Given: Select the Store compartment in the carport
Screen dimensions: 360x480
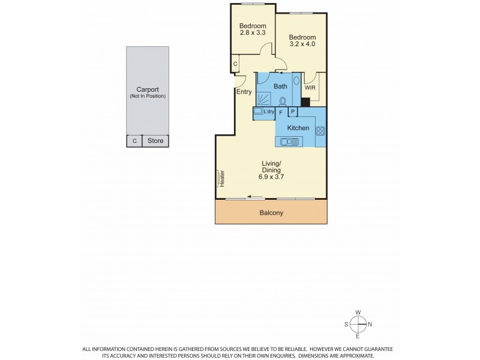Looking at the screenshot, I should [x=155, y=141].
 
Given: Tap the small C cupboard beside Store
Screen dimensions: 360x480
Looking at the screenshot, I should [x=134, y=141].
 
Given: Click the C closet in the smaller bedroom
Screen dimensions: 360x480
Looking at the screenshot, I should [x=235, y=64].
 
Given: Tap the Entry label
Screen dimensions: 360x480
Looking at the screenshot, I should [x=244, y=91].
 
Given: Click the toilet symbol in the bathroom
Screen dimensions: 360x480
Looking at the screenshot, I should [x=282, y=101].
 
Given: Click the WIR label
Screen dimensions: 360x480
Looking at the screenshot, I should [x=310, y=88].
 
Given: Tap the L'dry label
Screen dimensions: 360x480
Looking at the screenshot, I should [x=268, y=112].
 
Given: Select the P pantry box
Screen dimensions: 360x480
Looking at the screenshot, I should [x=293, y=112].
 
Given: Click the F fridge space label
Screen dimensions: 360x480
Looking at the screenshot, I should [x=281, y=112].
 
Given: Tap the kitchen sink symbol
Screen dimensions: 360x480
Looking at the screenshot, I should [x=290, y=142].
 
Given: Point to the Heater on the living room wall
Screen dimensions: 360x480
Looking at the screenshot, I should [x=220, y=178].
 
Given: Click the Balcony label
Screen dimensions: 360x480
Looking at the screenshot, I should [x=271, y=212].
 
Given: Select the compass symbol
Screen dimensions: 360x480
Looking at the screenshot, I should [x=358, y=325].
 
